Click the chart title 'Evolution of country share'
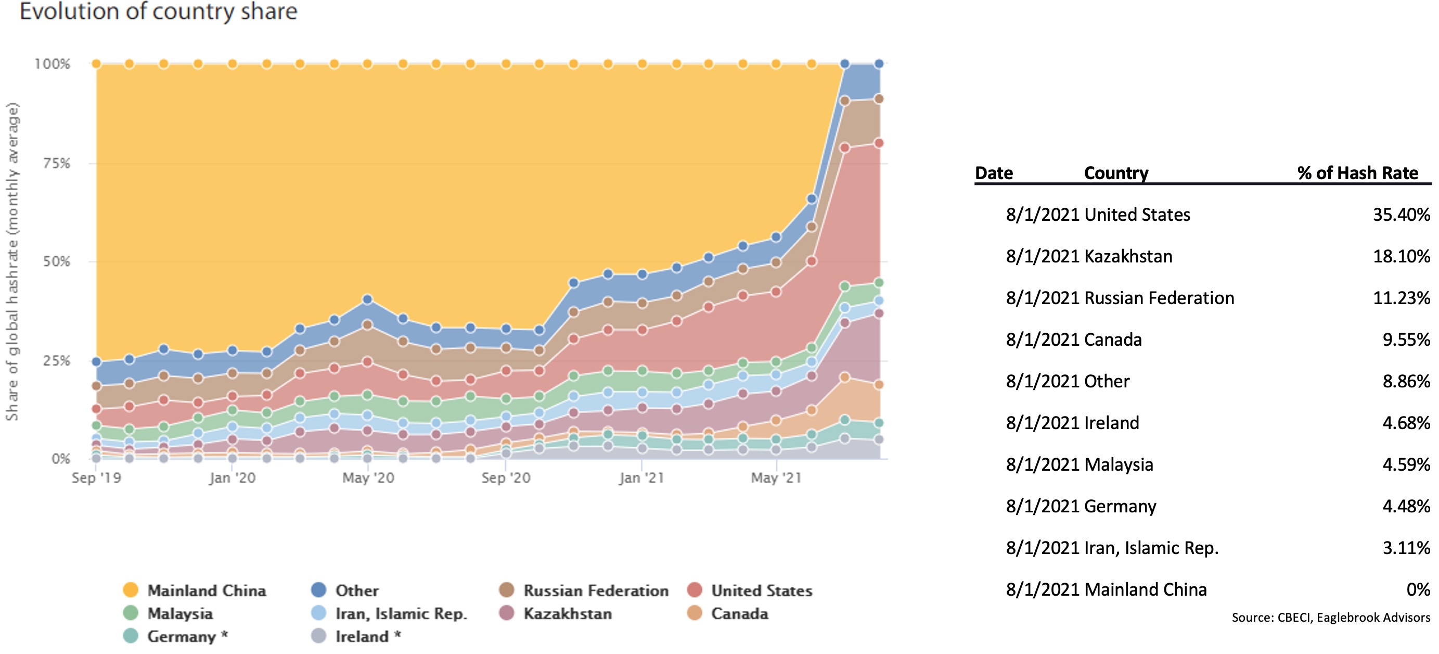159,11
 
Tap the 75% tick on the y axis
56,163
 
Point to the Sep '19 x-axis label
96,478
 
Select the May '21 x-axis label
776,478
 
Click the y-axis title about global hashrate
12,261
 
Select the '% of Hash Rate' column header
1357,173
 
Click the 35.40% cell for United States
1401,215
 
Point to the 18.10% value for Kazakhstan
1401,257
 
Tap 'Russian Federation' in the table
1159,298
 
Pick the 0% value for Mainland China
1418,590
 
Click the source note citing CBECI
1331,618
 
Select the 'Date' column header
994,173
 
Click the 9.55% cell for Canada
1406,340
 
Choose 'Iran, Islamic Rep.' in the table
1151,548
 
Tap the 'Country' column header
1116,173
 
